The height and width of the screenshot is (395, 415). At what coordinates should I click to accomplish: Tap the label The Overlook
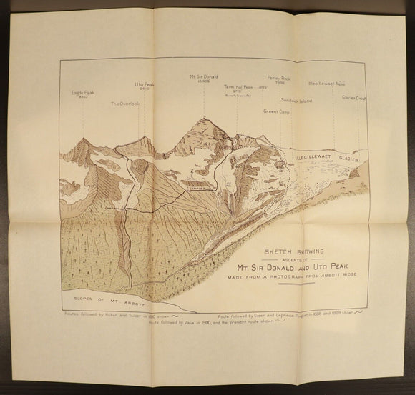tap(125, 104)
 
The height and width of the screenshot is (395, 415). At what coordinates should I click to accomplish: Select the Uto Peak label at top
tap(145, 85)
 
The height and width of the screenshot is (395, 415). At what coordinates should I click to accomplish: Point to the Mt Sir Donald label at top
tap(203, 75)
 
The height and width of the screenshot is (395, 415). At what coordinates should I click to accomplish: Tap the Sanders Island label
tap(296, 100)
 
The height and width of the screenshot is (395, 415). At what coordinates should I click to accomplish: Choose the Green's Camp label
tap(275, 112)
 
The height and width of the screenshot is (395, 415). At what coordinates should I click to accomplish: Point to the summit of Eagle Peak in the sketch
tap(84, 140)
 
